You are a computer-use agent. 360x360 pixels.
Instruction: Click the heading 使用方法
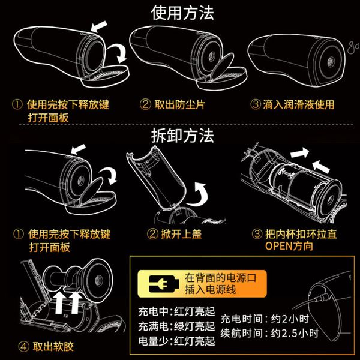pos(182,13)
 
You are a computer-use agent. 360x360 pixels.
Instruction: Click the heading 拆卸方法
pos(182,136)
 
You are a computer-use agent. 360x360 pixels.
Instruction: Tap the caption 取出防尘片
pos(179,104)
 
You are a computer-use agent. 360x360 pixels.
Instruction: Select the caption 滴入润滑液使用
pos(298,104)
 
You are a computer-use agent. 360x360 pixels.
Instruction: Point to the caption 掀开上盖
pos(181,234)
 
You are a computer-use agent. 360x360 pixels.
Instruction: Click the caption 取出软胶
pos(53,347)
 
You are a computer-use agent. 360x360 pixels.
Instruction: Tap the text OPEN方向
pos(289,246)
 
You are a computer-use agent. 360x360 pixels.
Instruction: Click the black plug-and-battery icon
pos(164,284)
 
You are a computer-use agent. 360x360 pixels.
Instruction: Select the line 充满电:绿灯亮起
pos(176,326)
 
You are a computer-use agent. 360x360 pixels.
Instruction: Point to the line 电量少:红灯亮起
pos(176,341)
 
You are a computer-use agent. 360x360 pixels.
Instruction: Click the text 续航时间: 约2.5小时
pos(269,333)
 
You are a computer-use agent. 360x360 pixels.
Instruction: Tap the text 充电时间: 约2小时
pos(265,319)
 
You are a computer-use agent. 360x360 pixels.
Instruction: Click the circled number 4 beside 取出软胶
pos(23,347)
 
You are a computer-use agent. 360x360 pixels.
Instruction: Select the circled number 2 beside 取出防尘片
pos(145,104)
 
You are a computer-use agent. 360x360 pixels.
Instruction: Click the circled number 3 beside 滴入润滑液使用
pos(256,104)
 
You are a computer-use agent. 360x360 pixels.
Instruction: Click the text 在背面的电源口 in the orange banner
pos(220,278)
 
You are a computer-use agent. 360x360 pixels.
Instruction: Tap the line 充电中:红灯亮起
pos(176,312)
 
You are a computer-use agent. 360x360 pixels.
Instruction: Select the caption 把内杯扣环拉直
pos(301,234)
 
